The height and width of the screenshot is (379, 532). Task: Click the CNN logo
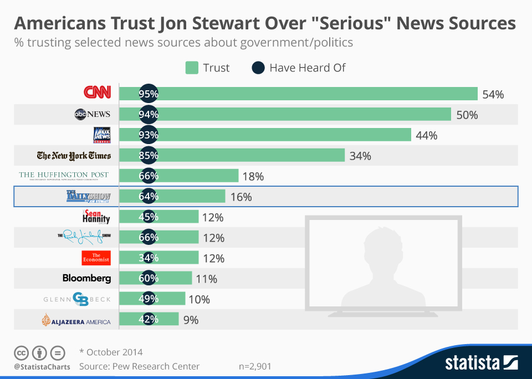click(97, 93)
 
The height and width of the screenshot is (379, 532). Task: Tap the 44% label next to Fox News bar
click(426, 135)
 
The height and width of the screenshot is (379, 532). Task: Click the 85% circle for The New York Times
click(149, 156)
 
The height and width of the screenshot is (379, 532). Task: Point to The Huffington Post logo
click(64, 176)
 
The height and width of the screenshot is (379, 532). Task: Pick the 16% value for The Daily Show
click(241, 197)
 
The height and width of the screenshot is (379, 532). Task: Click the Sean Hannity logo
click(96, 217)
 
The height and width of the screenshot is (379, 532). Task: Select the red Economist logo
click(96, 258)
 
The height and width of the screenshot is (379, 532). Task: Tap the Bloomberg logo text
click(86, 278)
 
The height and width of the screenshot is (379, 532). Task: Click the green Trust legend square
click(192, 68)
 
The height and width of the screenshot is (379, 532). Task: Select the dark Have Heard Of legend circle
click(258, 68)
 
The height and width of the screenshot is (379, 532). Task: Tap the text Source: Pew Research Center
click(139, 366)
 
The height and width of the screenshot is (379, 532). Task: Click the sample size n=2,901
click(254, 366)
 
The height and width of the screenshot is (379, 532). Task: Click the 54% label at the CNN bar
click(493, 94)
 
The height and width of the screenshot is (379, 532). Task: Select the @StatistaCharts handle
click(42, 366)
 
